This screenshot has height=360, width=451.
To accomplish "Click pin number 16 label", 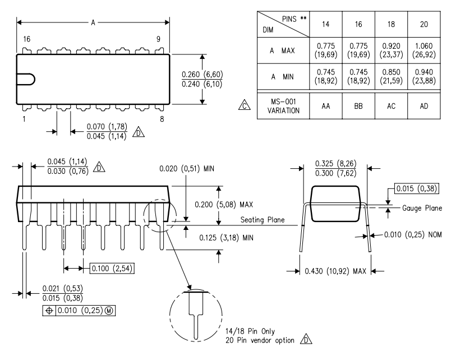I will (26, 39).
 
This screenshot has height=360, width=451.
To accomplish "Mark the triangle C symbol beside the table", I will (243, 104).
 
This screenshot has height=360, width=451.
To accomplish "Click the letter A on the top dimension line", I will (93, 22).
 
